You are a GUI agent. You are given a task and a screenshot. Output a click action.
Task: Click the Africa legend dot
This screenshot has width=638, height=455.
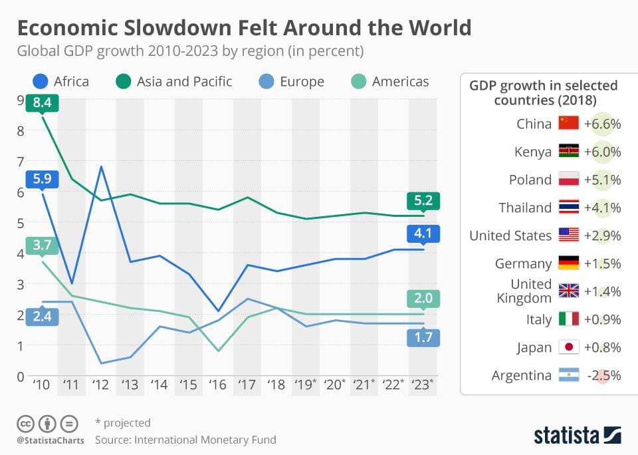[41, 82]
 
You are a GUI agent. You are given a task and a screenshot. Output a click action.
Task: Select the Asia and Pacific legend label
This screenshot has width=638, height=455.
[184, 82]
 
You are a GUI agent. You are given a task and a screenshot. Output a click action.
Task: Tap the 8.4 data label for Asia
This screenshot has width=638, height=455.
[42, 103]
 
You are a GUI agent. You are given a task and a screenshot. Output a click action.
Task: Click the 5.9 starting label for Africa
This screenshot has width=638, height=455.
[42, 179]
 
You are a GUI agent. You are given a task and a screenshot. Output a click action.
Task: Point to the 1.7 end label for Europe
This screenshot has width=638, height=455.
[423, 337]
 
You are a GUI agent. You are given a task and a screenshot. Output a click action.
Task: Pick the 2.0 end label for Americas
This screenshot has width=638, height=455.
[423, 299]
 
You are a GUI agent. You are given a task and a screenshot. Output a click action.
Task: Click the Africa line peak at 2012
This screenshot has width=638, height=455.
[100, 166]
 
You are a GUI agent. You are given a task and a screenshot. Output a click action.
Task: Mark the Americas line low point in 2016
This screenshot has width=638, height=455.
[217, 351]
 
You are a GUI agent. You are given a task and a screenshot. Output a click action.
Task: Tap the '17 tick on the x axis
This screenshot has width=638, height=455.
[247, 384]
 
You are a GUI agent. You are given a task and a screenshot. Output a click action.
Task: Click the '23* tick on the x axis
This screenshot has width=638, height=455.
[423, 384]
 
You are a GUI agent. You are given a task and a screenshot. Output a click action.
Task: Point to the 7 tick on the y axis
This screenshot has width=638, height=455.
[21, 161]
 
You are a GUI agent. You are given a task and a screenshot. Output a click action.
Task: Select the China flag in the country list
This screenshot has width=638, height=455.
[568, 124]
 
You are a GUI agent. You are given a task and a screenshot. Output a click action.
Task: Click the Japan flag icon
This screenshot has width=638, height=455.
[568, 347]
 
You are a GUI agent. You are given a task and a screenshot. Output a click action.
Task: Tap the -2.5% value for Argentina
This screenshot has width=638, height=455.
[603, 375]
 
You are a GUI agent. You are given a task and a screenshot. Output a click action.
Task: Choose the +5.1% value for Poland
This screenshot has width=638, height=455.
[602, 180]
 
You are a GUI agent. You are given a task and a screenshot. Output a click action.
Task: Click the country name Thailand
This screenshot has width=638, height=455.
[525, 208]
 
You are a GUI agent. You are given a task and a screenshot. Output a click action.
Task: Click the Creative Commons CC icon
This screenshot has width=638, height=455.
[25, 423]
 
